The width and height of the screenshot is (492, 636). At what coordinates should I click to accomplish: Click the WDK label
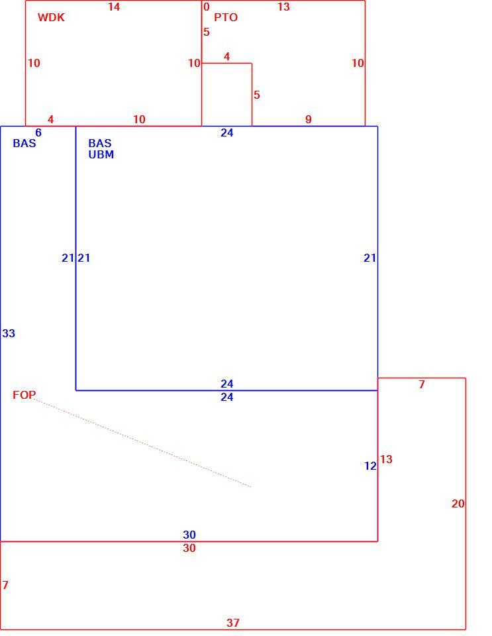pyautogui.click(x=51, y=17)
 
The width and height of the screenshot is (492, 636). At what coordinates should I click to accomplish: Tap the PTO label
pyautogui.click(x=226, y=17)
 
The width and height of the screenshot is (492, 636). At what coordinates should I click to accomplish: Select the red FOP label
pyautogui.click(x=24, y=395)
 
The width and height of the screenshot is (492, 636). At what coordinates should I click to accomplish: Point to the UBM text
pyautogui.click(x=101, y=154)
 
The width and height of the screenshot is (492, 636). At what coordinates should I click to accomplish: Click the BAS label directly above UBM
pyautogui.click(x=100, y=143)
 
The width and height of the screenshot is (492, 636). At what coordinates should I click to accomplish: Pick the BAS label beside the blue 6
pyautogui.click(x=25, y=143)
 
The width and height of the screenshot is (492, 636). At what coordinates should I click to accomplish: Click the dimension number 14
pyautogui.click(x=114, y=7)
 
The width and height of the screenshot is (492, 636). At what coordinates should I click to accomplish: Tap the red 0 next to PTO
pyautogui.click(x=207, y=7)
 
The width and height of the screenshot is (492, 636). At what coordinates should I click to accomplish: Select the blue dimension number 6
pyautogui.click(x=38, y=132)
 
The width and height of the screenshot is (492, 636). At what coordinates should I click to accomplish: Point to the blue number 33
pyautogui.click(x=9, y=333)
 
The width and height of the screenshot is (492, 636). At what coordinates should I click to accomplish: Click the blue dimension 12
pyautogui.click(x=370, y=466)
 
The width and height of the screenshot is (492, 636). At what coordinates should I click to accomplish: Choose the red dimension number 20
pyautogui.click(x=458, y=503)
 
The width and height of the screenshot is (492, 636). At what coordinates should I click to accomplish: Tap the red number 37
pyautogui.click(x=233, y=623)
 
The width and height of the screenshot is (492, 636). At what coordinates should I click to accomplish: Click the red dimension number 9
pyautogui.click(x=309, y=120)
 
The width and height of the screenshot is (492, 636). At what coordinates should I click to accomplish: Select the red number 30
pyautogui.click(x=189, y=548)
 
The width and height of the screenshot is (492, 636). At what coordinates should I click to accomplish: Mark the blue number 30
pyautogui.click(x=189, y=535)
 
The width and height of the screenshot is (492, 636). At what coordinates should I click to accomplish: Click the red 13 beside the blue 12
pyautogui.click(x=386, y=459)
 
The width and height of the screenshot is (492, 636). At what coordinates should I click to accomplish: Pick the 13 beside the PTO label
pyautogui.click(x=283, y=7)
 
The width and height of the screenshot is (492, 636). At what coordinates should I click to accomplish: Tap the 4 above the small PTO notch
pyautogui.click(x=226, y=57)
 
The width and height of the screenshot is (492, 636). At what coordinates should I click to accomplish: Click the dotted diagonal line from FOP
pyautogui.click(x=142, y=443)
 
